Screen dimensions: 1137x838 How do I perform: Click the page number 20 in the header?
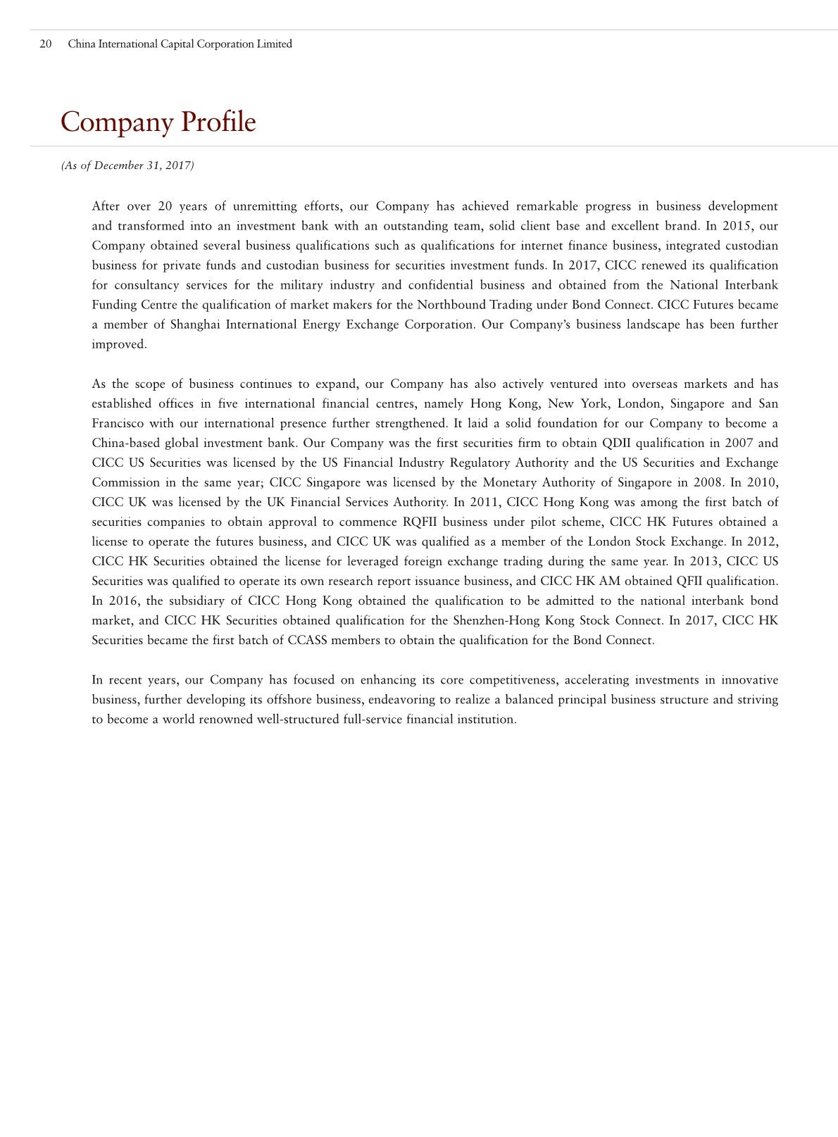click(x=46, y=44)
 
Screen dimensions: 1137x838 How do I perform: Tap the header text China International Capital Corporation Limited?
click(x=180, y=44)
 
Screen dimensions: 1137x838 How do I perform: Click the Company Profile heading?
click(x=158, y=122)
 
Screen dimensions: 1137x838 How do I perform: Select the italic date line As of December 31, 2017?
click(x=127, y=165)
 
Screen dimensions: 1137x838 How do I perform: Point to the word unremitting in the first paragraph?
click(x=265, y=206)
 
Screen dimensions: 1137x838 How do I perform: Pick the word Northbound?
click(x=451, y=305)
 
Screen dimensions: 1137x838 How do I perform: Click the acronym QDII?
click(x=617, y=443)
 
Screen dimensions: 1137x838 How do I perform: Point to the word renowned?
click(x=226, y=719)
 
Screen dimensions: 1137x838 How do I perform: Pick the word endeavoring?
click(x=397, y=699)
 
